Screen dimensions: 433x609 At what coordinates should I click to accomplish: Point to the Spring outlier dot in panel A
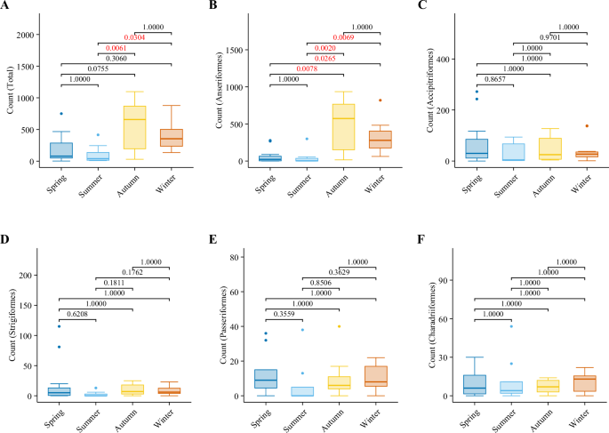pos(61,114)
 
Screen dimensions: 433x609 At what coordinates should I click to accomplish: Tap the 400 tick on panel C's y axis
pos(450,60)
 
